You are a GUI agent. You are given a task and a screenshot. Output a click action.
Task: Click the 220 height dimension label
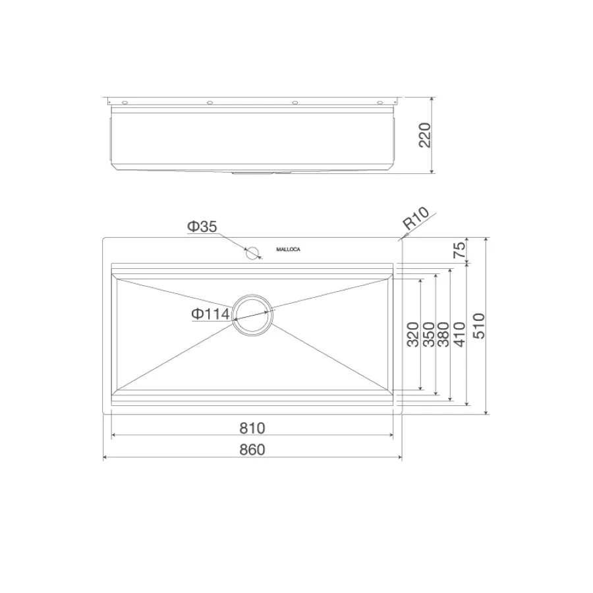pos(425,135)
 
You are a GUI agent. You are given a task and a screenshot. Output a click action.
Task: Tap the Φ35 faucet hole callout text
pos(202,227)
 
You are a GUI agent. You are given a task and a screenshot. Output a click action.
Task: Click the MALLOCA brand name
pos(288,250)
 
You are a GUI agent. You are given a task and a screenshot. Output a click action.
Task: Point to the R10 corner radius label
pos(416,218)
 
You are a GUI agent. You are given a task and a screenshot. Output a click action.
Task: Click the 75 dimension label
pos(460,250)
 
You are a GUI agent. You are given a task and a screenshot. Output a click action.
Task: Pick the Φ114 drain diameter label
pos(210,314)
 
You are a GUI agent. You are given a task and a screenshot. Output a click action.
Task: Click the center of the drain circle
pos(252,315)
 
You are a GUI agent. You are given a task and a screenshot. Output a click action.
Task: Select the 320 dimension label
pos(413,334)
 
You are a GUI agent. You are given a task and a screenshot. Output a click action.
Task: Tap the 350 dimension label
pos(429,334)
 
